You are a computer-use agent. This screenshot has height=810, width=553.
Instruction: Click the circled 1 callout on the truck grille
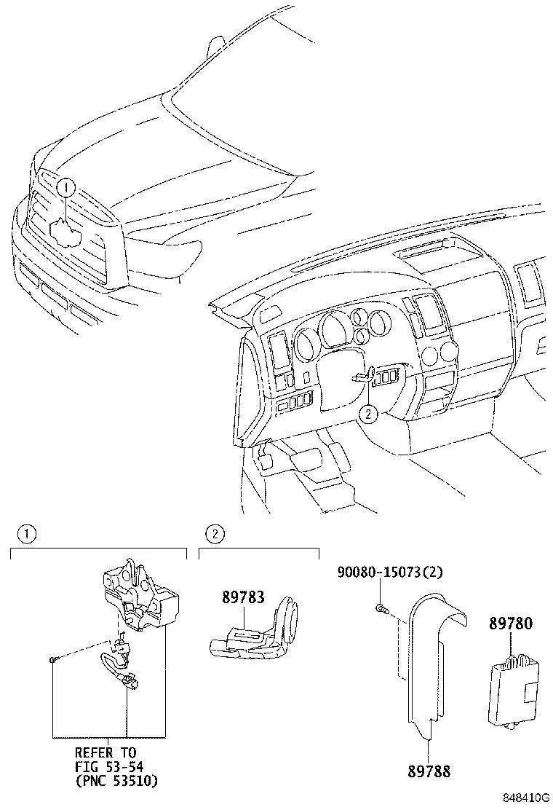(65, 188)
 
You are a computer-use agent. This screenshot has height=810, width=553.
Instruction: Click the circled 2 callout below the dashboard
(369, 414)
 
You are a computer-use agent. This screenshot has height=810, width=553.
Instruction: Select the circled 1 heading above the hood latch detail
(26, 535)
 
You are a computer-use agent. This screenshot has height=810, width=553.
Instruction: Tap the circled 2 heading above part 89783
(214, 535)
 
